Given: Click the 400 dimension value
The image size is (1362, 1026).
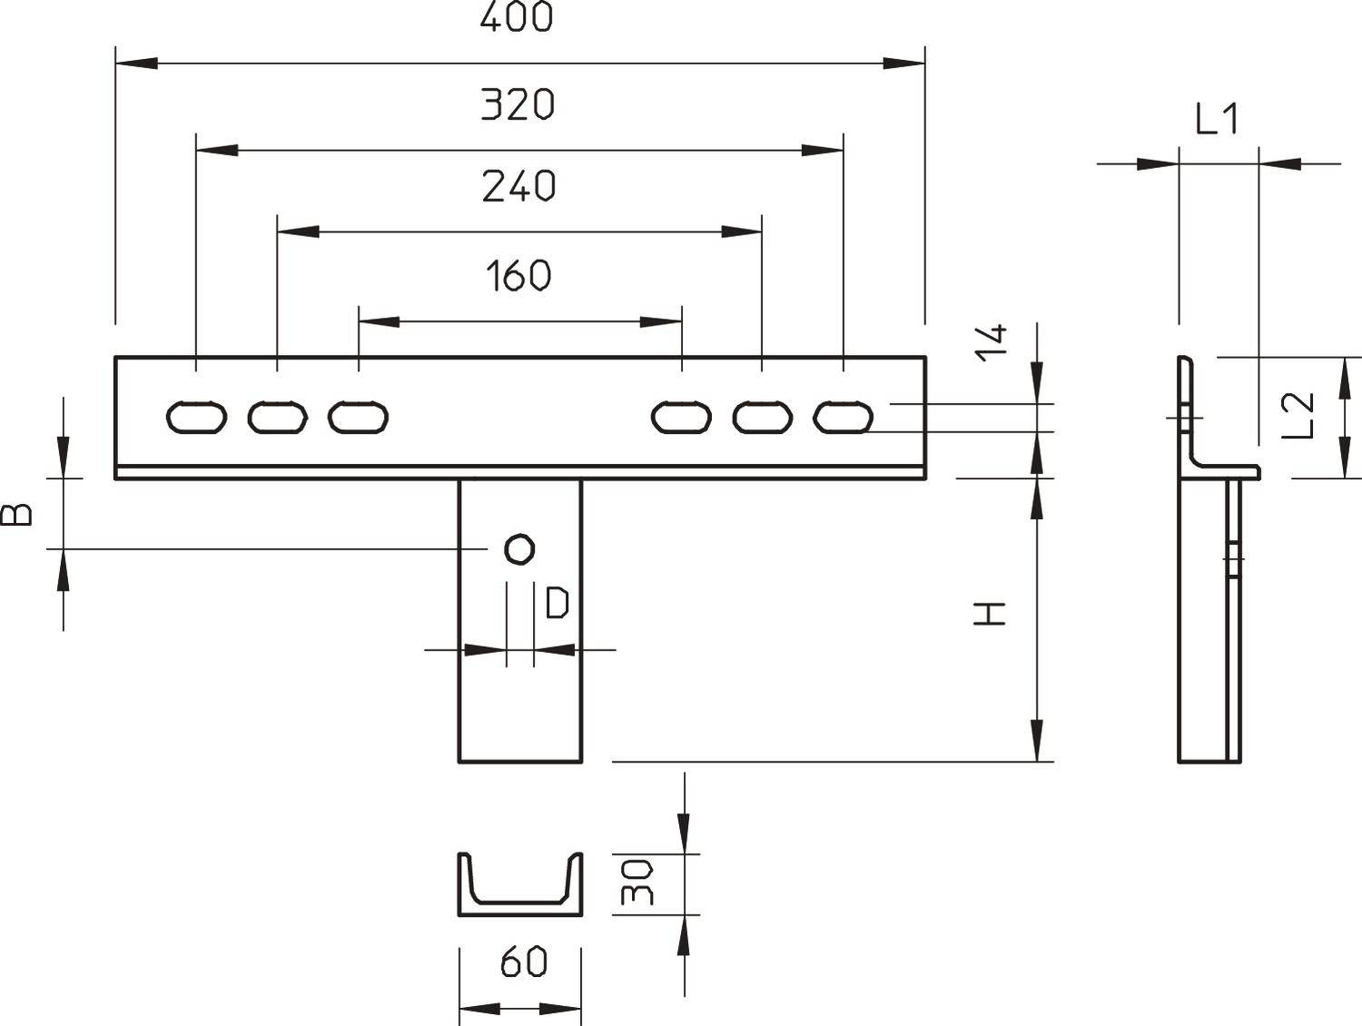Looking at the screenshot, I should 517,17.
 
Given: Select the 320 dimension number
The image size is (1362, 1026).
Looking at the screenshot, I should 518,104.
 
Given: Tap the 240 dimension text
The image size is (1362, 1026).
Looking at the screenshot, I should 518,186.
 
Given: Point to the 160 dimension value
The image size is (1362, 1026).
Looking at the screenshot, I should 518,275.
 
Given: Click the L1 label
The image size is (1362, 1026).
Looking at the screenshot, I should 1217,120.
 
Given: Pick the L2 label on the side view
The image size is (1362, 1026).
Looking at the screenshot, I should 1301,414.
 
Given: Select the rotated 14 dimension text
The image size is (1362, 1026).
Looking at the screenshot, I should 994,341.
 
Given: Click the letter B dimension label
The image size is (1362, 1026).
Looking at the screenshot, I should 17,515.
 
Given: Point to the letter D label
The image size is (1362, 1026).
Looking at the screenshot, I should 557,604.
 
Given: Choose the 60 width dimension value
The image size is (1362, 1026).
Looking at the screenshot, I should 523,962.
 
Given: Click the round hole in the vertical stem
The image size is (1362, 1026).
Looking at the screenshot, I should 519,548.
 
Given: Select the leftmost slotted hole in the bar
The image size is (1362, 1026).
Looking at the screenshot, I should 196,417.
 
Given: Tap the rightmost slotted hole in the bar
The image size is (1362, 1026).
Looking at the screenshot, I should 844,417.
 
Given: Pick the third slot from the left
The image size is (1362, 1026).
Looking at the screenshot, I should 358,417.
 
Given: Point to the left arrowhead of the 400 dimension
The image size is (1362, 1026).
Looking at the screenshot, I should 136,64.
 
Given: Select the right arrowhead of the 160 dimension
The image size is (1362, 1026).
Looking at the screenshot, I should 662,321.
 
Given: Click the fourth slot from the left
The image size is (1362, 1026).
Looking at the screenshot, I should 681,417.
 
